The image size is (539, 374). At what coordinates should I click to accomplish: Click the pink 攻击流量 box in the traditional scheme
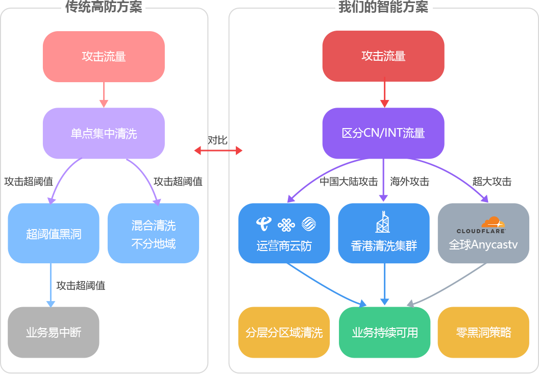[104, 57]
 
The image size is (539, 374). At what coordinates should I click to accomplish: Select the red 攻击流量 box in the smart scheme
[383, 56]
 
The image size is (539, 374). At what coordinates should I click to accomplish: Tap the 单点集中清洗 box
[104, 133]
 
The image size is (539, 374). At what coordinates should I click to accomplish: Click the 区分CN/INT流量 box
[383, 133]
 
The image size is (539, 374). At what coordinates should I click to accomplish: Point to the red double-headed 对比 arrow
[218, 150]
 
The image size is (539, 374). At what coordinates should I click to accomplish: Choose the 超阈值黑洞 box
[54, 234]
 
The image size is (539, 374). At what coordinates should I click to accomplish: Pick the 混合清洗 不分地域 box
[153, 234]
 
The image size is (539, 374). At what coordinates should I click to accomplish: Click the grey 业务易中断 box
[54, 333]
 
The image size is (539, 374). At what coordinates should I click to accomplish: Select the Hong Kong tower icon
[383, 221]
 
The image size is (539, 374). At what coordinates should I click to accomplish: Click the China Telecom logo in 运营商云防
[264, 224]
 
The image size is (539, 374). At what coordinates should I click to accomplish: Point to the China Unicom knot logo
[286, 224]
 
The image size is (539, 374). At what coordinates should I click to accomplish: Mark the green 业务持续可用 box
[385, 333]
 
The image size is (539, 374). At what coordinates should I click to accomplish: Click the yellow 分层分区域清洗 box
[284, 333]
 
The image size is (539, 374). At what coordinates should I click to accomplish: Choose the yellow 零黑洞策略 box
[483, 333]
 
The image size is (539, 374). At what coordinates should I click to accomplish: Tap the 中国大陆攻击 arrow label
[349, 182]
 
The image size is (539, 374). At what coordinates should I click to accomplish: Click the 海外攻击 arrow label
[409, 182]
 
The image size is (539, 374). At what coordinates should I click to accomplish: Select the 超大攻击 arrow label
[492, 182]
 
